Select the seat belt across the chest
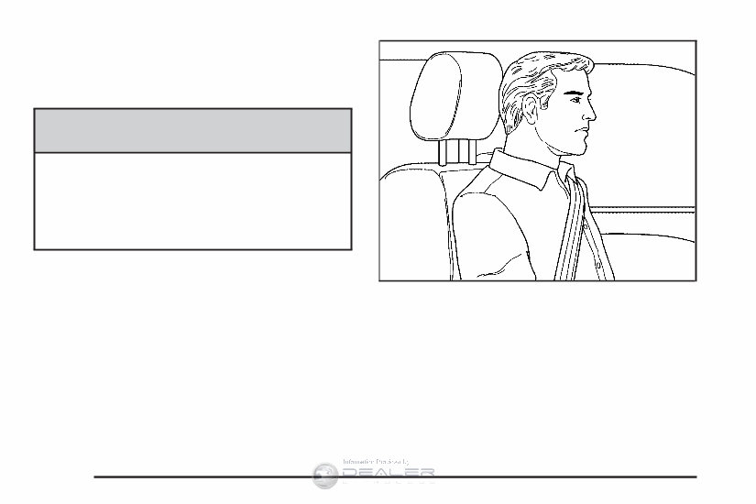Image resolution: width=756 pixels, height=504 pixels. (x=575, y=229)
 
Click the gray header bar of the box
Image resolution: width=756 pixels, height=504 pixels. (x=193, y=130)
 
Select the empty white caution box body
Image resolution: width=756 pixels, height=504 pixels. (x=193, y=201)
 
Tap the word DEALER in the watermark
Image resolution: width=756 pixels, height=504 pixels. (x=386, y=472)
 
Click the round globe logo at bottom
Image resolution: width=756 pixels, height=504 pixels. (x=325, y=474)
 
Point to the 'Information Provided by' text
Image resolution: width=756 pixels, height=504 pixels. (x=376, y=460)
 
